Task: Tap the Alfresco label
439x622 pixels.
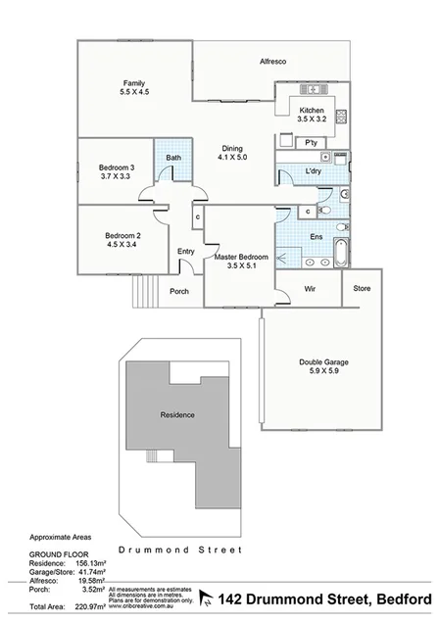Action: (x=272, y=61)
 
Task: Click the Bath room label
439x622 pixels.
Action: (x=173, y=158)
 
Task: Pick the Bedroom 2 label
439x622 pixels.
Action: (x=123, y=238)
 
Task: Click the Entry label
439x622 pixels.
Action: (x=186, y=252)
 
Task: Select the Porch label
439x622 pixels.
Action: (x=179, y=291)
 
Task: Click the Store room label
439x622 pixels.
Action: (x=362, y=288)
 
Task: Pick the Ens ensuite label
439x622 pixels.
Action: (x=317, y=236)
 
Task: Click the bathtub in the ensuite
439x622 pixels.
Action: (x=341, y=252)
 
